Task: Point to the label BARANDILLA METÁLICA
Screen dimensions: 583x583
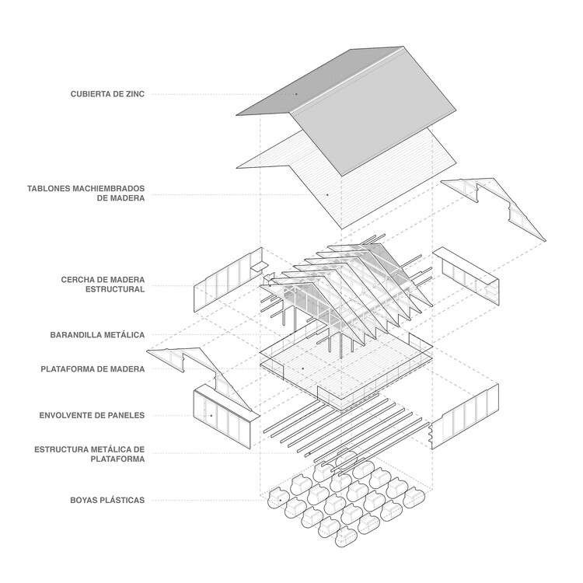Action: coord(97,335)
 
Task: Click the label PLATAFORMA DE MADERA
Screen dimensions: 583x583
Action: coord(93,369)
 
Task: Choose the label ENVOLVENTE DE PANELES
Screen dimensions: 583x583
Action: coord(92,416)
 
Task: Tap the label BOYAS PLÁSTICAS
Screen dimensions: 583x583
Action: coord(105,500)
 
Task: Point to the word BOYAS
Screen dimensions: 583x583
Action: coord(82,500)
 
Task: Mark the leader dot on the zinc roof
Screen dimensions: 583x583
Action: coord(295,94)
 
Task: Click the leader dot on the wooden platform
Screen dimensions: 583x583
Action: coord(302,369)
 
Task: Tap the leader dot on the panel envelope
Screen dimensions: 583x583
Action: coord(210,416)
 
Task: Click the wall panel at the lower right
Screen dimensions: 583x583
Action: coord(463,417)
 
